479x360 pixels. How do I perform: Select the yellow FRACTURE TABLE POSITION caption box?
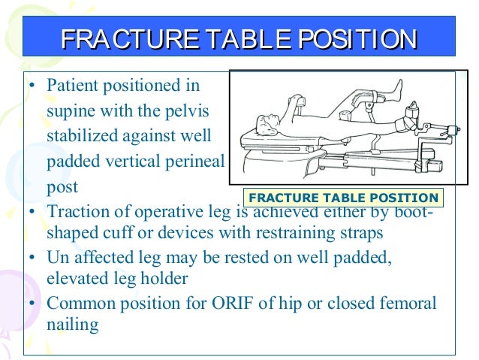(343, 198)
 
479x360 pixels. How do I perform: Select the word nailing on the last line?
(72, 325)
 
